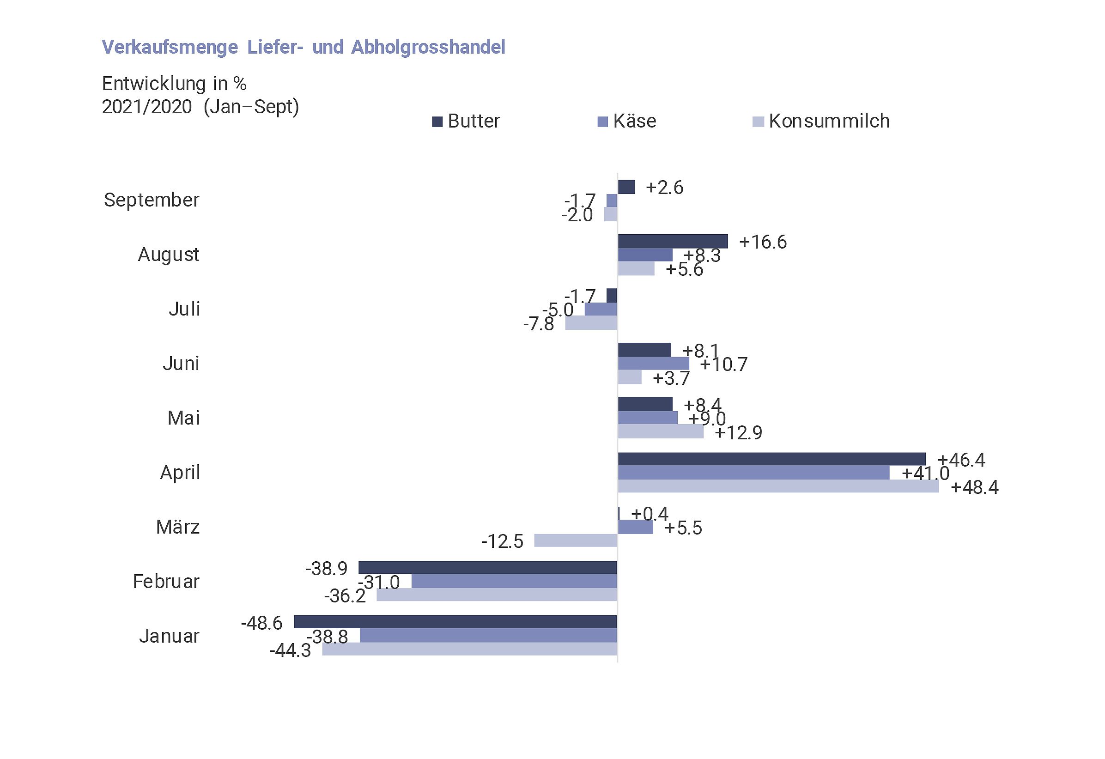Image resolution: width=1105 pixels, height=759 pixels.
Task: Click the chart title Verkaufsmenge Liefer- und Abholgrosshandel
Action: click(304, 47)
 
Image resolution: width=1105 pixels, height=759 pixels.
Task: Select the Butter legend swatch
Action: click(437, 122)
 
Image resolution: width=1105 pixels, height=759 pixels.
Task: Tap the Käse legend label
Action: click(634, 121)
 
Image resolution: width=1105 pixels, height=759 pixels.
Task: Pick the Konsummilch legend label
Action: click(829, 121)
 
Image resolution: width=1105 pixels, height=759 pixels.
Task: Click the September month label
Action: click(152, 200)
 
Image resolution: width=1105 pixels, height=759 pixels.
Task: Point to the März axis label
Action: click(178, 527)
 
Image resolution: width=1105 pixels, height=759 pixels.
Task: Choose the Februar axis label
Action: click(166, 582)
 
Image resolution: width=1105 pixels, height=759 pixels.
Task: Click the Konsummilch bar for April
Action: click(778, 486)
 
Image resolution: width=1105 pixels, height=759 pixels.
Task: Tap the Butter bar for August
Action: click(672, 241)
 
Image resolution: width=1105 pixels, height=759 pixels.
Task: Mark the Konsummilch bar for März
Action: click(575, 540)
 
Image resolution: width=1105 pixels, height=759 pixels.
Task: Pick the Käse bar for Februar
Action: click(514, 581)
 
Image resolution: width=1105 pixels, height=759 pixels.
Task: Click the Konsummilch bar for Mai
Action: click(661, 431)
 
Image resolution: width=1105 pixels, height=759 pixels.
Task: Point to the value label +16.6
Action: click(763, 242)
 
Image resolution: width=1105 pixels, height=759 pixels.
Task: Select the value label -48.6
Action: click(261, 623)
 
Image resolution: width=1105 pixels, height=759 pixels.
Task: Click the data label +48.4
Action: click(974, 487)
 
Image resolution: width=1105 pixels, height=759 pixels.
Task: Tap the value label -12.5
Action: click(502, 541)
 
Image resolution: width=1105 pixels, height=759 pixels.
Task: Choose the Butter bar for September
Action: click(626, 187)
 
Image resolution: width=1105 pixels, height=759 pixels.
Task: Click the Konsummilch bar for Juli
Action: click(591, 323)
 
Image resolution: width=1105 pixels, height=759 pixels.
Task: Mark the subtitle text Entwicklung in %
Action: click(174, 84)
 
